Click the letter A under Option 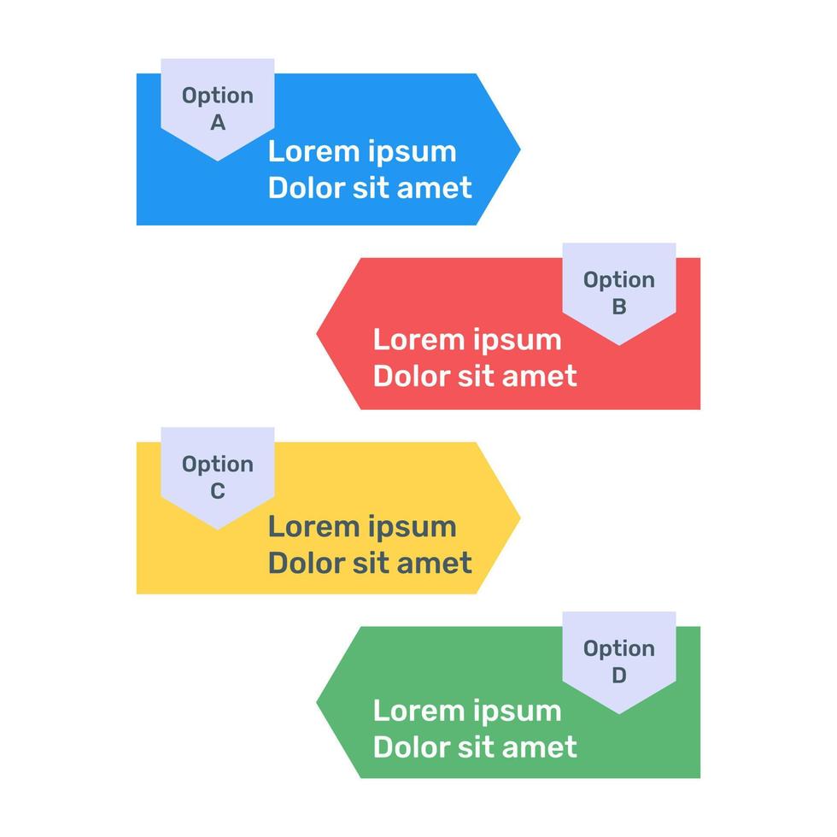[218, 123]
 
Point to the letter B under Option [619, 307]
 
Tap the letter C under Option [218, 491]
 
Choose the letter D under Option [619, 676]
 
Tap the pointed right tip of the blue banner [520, 149]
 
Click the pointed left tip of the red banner [317, 334]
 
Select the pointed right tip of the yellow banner [520, 518]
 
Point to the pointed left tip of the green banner [317, 702]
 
